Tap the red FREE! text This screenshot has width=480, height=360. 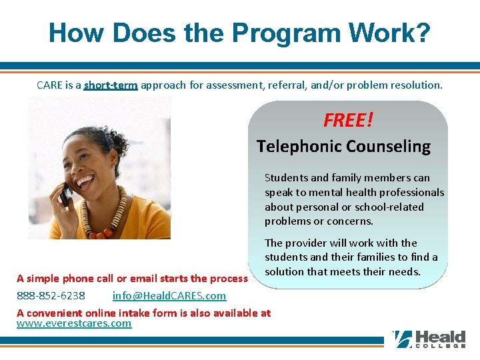(x=348, y=120)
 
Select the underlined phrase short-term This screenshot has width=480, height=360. (x=111, y=85)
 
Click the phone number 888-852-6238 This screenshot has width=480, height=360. (x=51, y=295)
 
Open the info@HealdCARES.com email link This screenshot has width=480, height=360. (x=169, y=295)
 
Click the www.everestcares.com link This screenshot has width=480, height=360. (x=74, y=323)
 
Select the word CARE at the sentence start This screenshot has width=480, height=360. (x=50, y=85)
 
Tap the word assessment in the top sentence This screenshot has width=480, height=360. (x=204, y=85)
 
